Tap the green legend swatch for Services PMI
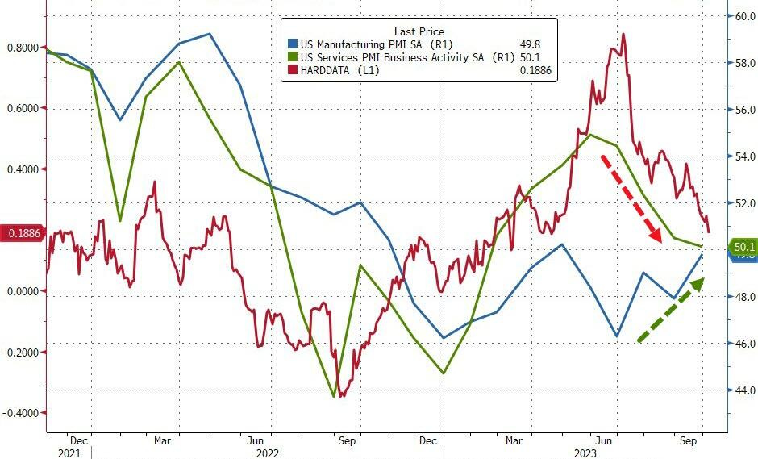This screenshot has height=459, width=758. tap(293, 58)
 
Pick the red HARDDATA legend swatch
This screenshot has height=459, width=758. tap(293, 71)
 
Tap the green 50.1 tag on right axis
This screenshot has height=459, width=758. tap(742, 246)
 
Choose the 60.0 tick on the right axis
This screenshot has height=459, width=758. tap(743, 15)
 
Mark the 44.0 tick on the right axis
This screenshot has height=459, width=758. tap(743, 390)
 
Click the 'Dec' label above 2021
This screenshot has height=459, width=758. tap(79, 441)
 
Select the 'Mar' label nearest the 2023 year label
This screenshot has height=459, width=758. tap(513, 441)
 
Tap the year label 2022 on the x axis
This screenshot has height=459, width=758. tap(267, 453)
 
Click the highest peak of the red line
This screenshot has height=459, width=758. tap(623, 34)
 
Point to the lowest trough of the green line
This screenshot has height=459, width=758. tap(334, 396)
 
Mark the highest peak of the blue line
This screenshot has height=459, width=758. tap(210, 34)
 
